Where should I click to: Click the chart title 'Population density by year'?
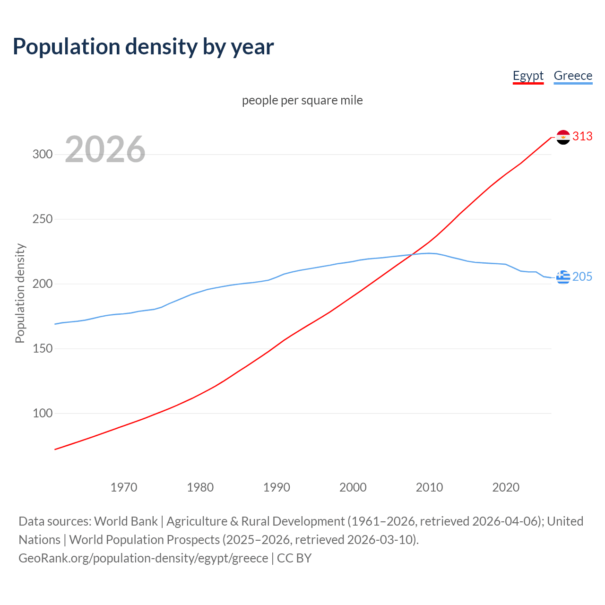coord(143,47)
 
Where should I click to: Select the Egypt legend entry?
coord(528,76)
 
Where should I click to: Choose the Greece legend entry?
coord(573,76)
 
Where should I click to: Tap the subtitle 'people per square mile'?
coord(302,100)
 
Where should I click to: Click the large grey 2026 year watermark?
coord(105,149)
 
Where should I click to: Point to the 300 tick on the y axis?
coord(43,155)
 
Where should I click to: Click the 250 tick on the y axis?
coord(43,219)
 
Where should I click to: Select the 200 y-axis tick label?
coord(43,284)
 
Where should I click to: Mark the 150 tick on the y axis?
coord(43,349)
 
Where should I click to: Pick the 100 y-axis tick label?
coord(43,414)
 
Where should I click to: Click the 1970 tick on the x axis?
coord(124,487)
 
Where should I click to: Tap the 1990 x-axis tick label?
coord(277,487)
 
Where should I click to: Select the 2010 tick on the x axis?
coord(429,487)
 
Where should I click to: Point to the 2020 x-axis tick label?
coord(506,487)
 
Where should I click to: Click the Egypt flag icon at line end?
coord(563,137)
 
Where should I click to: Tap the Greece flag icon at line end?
coord(563,277)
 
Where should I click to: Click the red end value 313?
coord(582,137)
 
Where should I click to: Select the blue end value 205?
coord(582,277)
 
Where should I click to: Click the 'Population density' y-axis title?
coord(20,293)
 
